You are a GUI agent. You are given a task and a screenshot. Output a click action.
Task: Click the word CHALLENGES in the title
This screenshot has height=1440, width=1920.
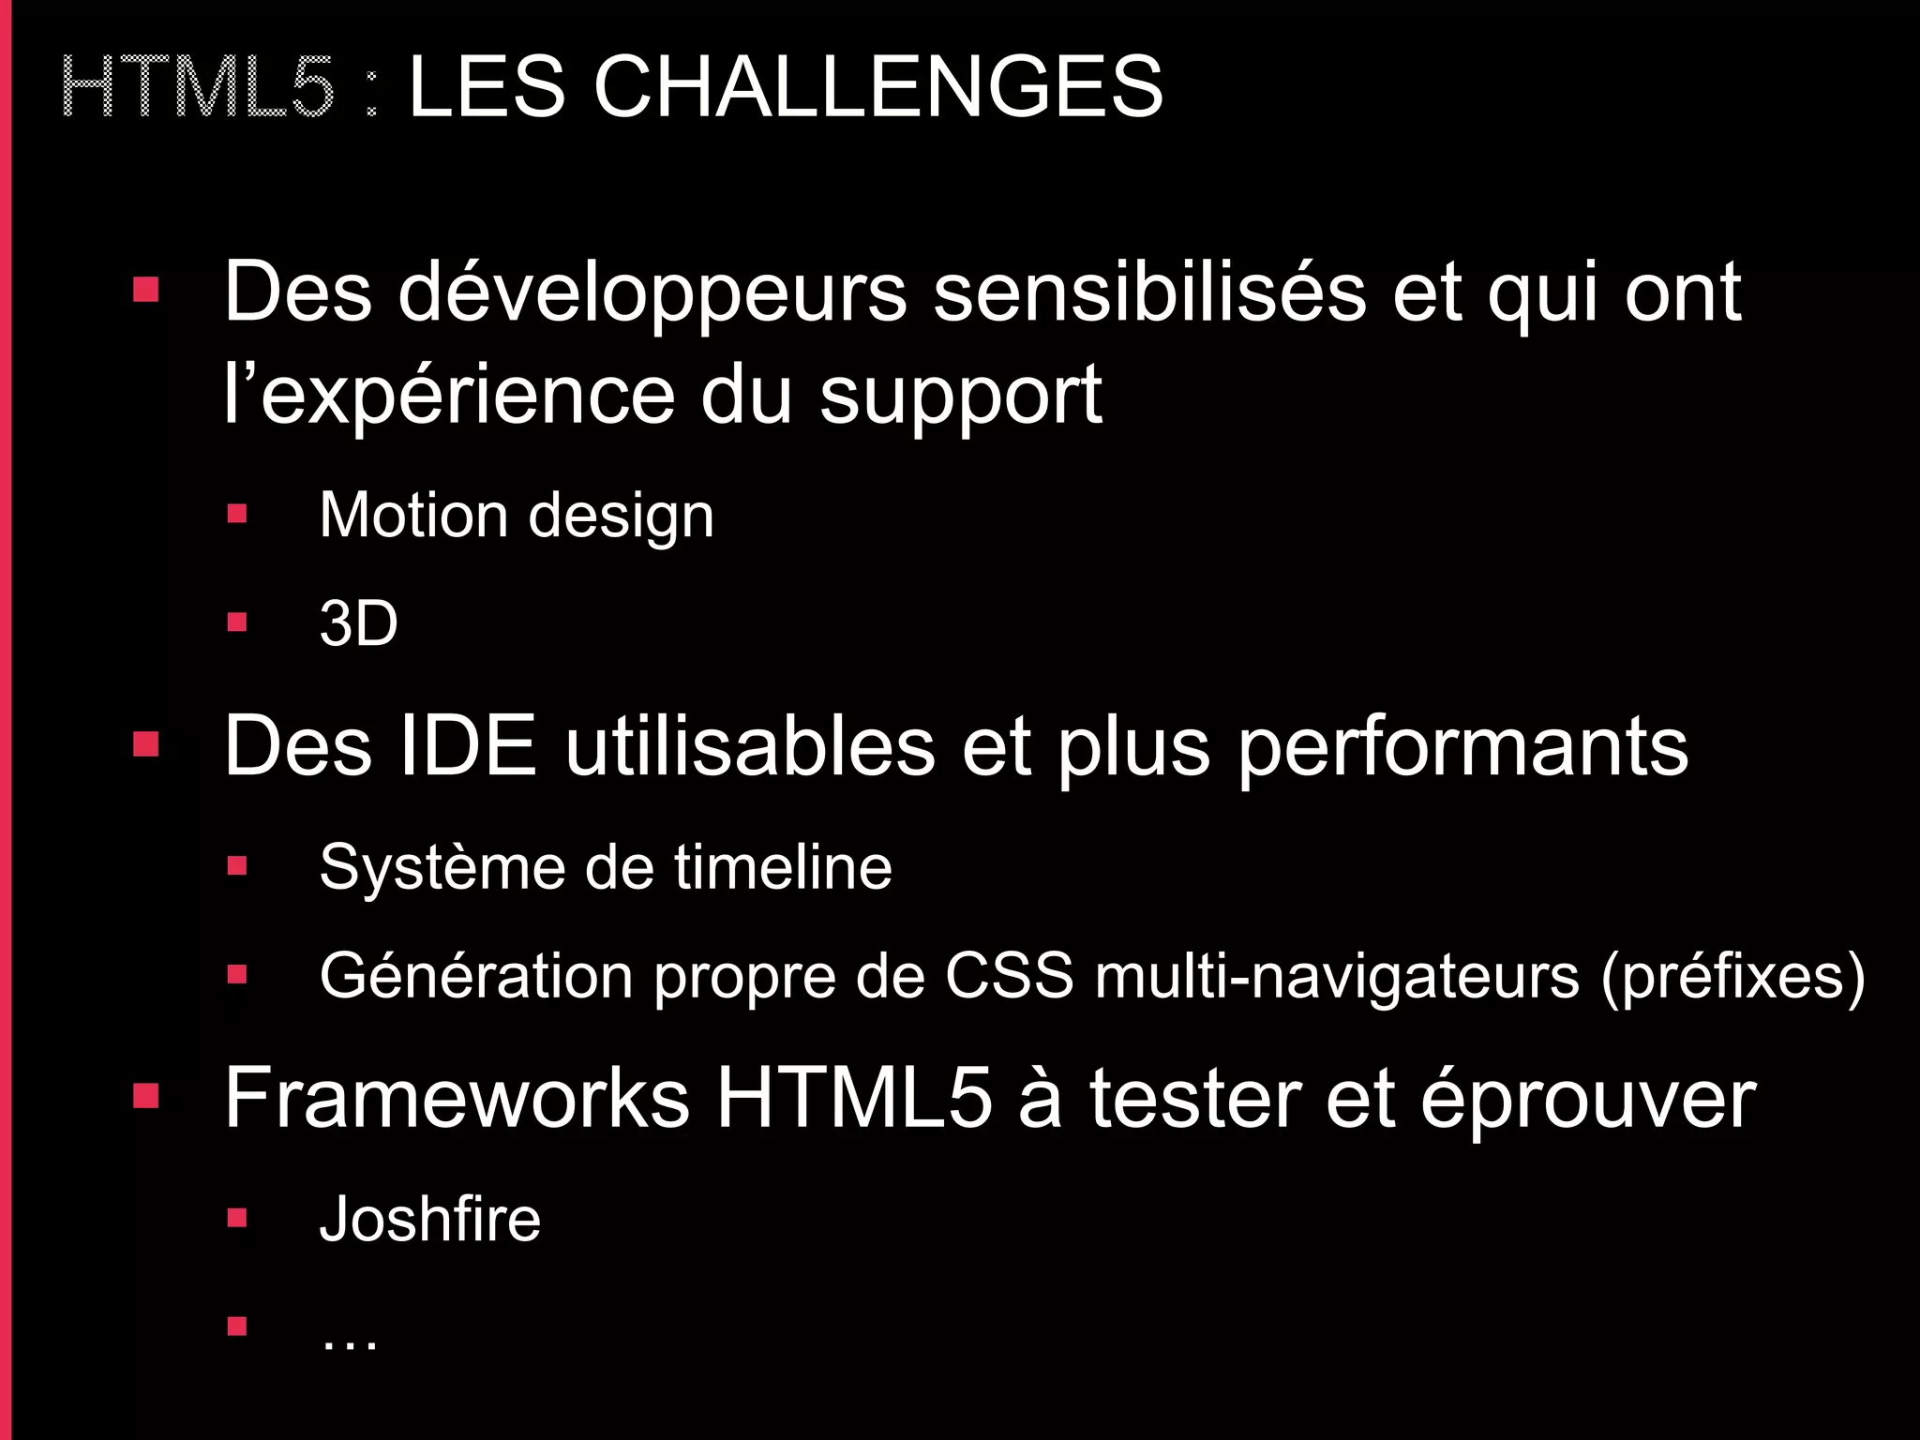pos(878,86)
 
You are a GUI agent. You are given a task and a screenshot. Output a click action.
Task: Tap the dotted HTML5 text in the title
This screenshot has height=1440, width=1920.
pos(197,86)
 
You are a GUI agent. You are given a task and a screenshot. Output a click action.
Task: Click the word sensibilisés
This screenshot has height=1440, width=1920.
pos(1149,292)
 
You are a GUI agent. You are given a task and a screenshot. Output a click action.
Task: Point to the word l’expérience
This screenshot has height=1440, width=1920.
pos(449,396)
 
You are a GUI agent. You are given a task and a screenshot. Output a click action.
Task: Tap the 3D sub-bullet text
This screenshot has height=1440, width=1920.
pos(358,623)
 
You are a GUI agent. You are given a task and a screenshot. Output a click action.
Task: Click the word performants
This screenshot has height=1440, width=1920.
pos(1462,748)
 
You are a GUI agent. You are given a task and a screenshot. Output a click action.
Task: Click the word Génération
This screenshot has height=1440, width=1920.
pos(476,977)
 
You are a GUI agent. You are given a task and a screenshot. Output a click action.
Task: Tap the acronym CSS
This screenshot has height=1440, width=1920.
pos(1009,976)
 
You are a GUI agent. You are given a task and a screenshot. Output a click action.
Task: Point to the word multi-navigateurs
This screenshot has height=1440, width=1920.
pos(1337,977)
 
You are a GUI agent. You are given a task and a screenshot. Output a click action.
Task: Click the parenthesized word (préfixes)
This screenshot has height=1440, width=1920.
pos(1732,977)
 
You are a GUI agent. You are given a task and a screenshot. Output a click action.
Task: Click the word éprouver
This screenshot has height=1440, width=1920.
pos(1588,1099)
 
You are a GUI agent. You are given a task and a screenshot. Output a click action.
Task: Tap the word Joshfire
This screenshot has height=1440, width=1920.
pos(429,1219)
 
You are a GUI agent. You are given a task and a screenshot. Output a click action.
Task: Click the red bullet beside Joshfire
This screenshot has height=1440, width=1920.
pos(236,1218)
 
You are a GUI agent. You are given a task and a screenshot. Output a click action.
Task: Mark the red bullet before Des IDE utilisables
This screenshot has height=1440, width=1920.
pos(146,745)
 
